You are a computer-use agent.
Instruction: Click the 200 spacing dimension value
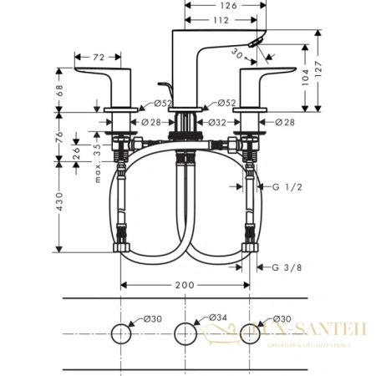185,285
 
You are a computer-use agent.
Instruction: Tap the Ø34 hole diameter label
215,318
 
